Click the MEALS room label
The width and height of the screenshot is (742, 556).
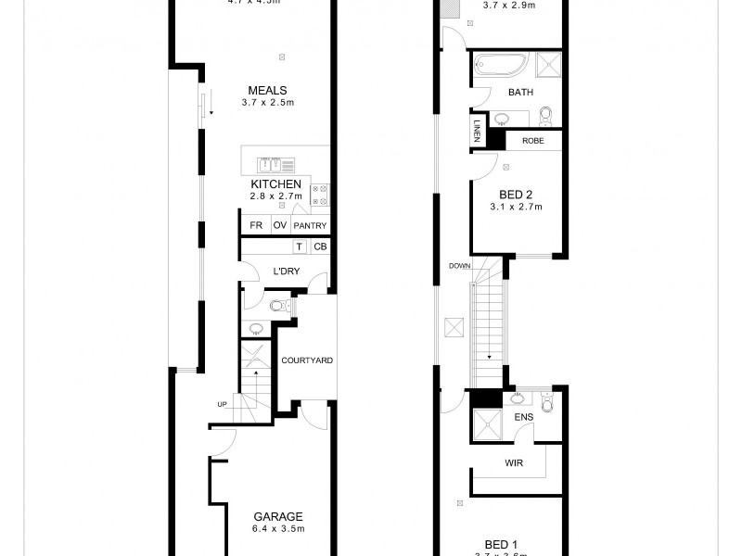coord(266,90)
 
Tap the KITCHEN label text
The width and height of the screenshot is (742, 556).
coord(275,184)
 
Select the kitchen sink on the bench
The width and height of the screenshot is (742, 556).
coord(270,165)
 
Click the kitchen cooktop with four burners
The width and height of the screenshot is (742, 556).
coord(321,195)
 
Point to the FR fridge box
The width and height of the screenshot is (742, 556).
coord(255,225)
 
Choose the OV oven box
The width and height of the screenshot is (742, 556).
coord(279,225)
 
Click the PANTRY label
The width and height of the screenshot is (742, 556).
coord(310,225)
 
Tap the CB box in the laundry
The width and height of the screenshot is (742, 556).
coord(319,246)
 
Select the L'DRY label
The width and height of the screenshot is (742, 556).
coord(285,272)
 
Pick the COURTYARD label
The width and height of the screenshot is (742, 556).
coord(306,360)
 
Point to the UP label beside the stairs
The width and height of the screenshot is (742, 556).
coord(221,404)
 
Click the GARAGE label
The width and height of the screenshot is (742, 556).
coord(278,517)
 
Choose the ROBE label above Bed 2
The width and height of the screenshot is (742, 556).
coord(532,141)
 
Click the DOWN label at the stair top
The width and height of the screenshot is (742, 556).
coord(459,265)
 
